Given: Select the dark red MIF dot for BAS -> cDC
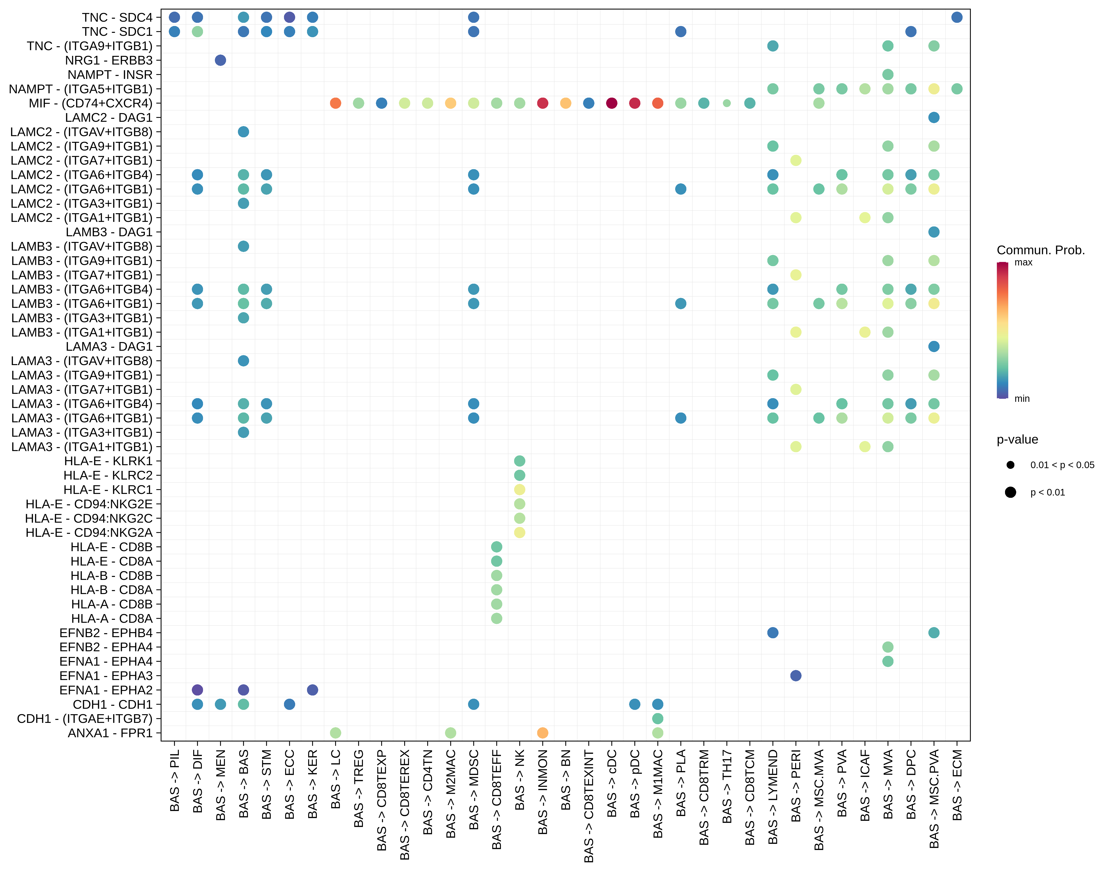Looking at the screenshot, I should (612, 103).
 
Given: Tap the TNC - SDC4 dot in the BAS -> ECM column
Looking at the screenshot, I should (957, 17).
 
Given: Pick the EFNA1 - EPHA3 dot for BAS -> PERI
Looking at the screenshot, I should (795, 675).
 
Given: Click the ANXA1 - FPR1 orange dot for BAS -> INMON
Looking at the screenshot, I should (543, 733).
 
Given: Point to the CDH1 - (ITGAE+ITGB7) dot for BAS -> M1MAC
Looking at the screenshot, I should (658, 718).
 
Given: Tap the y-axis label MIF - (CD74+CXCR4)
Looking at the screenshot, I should (90, 103).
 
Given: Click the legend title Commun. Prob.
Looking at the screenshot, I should (1041, 250).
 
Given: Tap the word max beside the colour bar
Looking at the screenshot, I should (1023, 262).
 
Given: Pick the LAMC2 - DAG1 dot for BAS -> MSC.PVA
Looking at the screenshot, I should (934, 117).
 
